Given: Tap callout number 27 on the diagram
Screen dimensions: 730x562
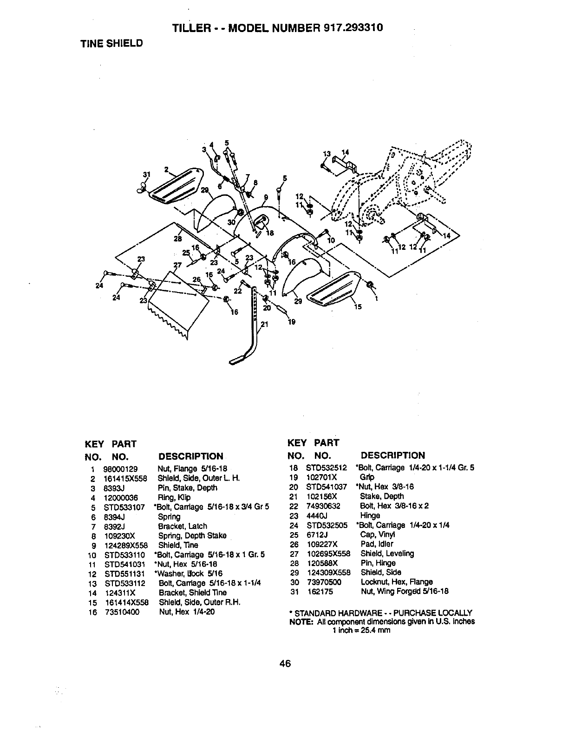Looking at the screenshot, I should [177, 266].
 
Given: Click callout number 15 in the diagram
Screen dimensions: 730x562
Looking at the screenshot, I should [358, 307].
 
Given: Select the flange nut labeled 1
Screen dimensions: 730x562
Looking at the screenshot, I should [370, 285].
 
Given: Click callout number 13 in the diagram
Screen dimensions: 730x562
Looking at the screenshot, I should [327, 154].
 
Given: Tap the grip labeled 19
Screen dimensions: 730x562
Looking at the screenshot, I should [281, 309].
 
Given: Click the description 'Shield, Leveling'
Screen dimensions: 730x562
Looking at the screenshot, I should [387, 554].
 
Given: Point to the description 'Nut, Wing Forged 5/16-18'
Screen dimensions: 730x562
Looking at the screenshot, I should [405, 592].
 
